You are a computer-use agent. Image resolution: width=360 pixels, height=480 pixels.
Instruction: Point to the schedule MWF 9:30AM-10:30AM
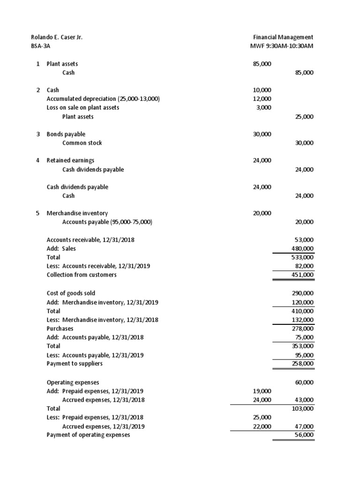pyautogui.click(x=282, y=46)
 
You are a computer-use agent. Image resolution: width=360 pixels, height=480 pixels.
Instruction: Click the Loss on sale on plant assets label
pyautogui.click(x=82, y=107)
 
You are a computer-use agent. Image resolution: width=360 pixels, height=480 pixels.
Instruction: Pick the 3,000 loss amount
pyautogui.click(x=263, y=107)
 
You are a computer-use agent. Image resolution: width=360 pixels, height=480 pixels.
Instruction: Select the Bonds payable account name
pyautogui.click(x=66, y=134)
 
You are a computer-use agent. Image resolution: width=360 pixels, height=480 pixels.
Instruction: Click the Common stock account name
pyautogui.click(x=82, y=143)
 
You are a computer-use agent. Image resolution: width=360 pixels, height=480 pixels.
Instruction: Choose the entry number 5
pyautogui.click(x=38, y=213)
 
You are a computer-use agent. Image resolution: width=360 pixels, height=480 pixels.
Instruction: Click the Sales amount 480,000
pyautogui.click(x=302, y=248)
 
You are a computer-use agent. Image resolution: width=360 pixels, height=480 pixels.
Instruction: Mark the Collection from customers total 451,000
pyautogui.click(x=302, y=275)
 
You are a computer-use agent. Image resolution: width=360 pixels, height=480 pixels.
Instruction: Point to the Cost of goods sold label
pyautogui.click(x=71, y=293)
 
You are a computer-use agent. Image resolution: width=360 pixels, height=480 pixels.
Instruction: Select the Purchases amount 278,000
pyautogui.click(x=302, y=329)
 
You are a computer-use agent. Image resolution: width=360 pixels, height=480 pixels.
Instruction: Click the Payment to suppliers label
pyautogui.click(x=75, y=363)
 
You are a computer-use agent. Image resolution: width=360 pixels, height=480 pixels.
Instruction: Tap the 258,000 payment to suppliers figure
pyautogui.click(x=302, y=363)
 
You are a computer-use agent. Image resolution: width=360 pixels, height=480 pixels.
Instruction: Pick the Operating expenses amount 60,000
pyautogui.click(x=304, y=382)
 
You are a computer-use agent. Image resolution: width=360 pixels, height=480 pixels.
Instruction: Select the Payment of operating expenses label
pyautogui.click(x=88, y=435)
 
